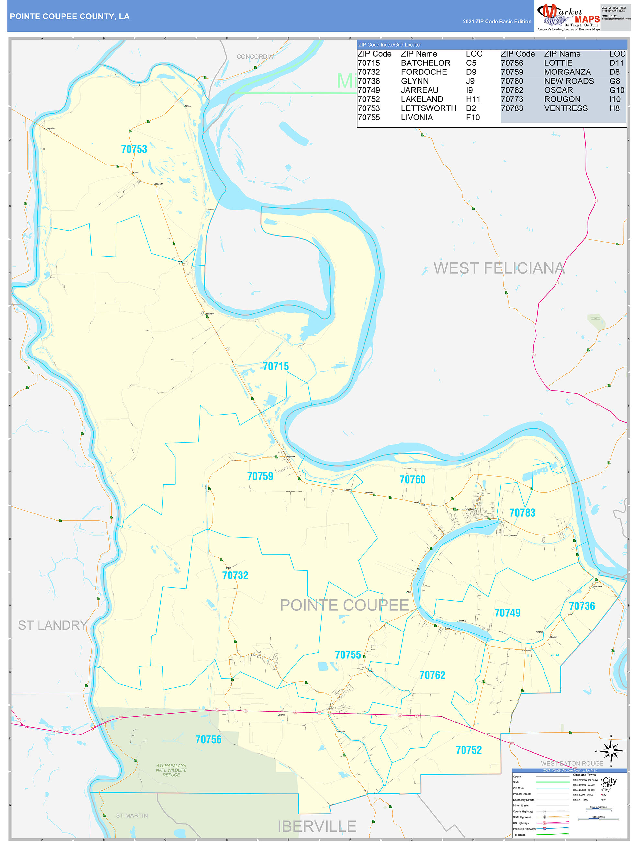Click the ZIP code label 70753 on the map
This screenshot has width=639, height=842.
coord(134,149)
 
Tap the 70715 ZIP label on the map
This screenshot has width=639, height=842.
coord(275,366)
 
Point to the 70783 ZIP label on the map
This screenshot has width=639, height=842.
coord(522,513)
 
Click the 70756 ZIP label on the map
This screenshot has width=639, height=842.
coord(208,739)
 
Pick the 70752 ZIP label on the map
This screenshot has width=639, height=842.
coord(468,750)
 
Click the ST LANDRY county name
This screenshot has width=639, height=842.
coord(52,625)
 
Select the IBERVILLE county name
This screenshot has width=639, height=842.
coord(317,826)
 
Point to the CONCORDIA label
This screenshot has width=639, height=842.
coord(255,57)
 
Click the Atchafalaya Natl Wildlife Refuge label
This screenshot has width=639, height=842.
coord(171,770)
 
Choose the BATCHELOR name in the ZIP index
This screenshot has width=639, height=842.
coord(425,63)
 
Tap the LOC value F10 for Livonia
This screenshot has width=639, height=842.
coord(473,117)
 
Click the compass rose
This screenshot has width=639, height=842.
coord(611,751)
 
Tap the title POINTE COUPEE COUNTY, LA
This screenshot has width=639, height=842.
coord(70,17)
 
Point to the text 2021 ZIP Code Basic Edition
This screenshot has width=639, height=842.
coord(497,22)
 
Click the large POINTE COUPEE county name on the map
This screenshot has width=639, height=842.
coord(344,605)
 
